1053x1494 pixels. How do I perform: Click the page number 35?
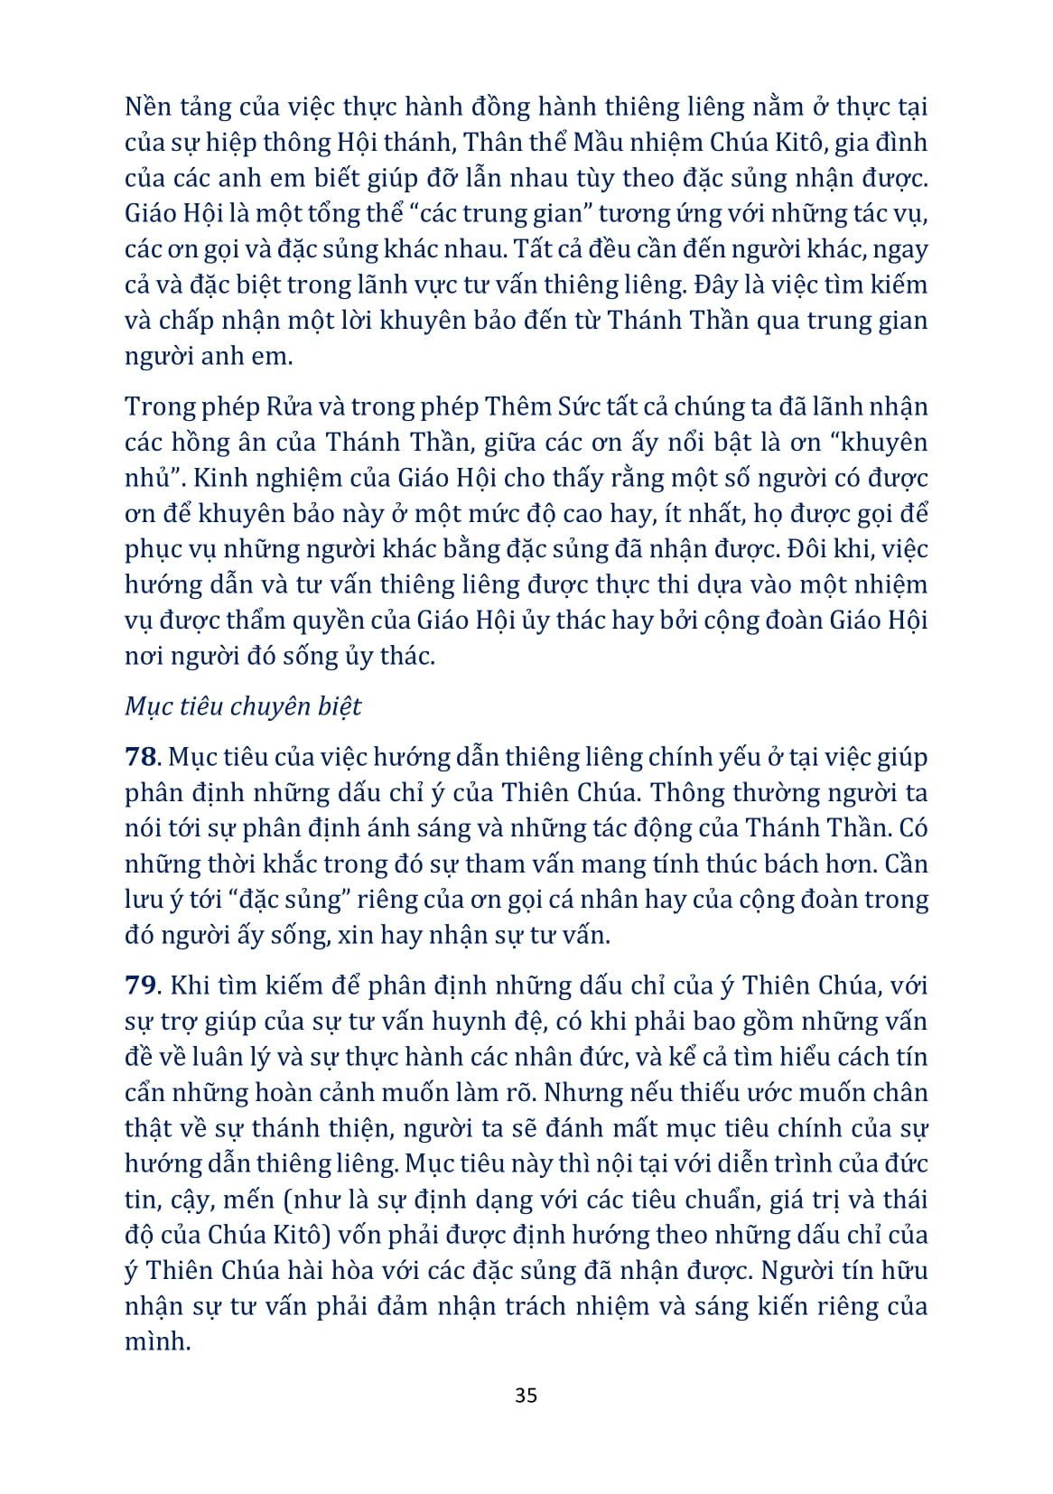pos(526,1395)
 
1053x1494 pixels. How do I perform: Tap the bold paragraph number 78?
pos(143,757)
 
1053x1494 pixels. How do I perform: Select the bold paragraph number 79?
pos(143,985)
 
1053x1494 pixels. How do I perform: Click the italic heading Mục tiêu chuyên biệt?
pos(243,705)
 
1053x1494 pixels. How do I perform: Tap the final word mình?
pos(157,1341)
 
